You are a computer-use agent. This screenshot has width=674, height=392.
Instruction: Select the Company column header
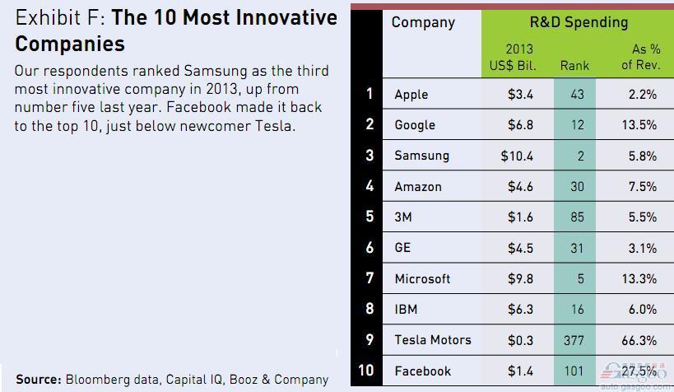point(423,22)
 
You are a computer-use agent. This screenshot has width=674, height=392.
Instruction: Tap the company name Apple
point(411,94)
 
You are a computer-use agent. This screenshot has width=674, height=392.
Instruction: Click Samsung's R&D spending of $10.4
point(516,156)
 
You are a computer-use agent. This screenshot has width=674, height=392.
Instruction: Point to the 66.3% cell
point(639,340)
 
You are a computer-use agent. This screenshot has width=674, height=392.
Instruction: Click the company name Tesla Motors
point(433,340)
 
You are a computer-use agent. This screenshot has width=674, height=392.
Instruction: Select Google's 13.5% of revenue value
point(639,125)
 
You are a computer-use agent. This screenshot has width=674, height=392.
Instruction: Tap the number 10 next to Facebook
point(367,371)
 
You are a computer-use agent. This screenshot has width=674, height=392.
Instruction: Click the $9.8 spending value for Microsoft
point(520,279)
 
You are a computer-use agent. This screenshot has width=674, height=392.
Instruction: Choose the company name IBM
point(406,310)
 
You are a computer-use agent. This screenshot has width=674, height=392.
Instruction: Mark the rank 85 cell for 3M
point(576,217)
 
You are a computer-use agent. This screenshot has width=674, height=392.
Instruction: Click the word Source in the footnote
point(38,380)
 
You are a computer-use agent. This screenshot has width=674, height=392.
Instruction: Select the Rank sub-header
point(574,65)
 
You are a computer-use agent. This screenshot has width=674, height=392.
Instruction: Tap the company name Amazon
point(418,187)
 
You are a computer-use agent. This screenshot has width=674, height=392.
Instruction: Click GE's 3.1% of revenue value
point(642,248)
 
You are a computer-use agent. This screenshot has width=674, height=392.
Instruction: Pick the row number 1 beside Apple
point(370,93)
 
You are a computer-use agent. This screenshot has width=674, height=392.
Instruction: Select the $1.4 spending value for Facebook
point(520,371)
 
